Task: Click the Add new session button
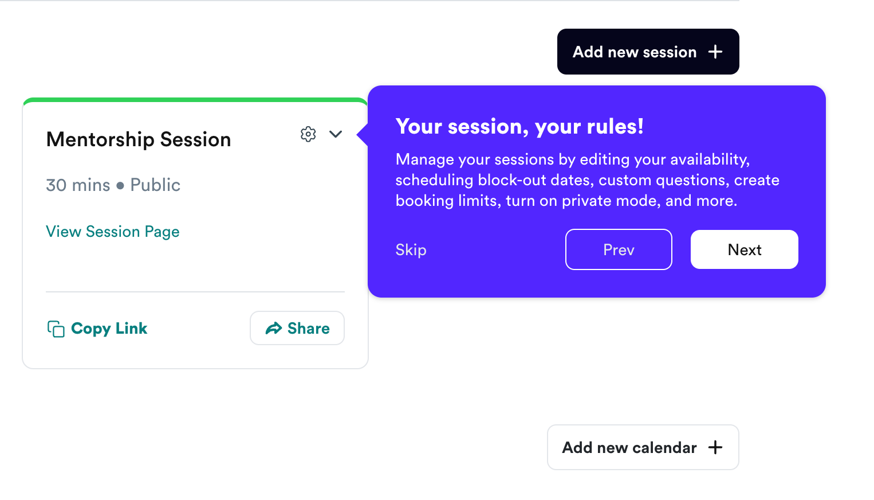click(x=648, y=52)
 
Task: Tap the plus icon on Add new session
click(x=715, y=52)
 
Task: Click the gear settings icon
click(x=308, y=134)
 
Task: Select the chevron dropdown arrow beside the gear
click(x=336, y=134)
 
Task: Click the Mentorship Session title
click(x=139, y=139)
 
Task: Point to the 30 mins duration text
click(x=78, y=185)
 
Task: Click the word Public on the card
click(x=155, y=185)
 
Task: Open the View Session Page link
click(x=112, y=232)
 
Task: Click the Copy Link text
click(x=109, y=329)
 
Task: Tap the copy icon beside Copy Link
click(x=56, y=329)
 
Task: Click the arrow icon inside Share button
click(x=274, y=328)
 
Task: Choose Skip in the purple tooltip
click(x=411, y=249)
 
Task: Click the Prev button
click(x=619, y=249)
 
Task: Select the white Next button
click(x=745, y=249)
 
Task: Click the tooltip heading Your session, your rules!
click(x=519, y=127)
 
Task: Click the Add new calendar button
click(x=643, y=447)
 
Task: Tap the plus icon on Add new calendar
click(x=715, y=447)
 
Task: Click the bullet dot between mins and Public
click(x=120, y=186)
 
